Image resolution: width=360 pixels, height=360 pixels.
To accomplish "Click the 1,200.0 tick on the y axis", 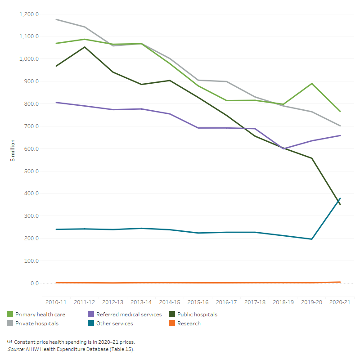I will pyautogui.click(x=29, y=14).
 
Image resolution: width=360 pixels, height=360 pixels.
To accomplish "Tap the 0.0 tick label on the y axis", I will pyautogui.click(x=35, y=283).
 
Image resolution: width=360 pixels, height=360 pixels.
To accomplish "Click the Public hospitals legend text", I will pyautogui.click(x=197, y=315).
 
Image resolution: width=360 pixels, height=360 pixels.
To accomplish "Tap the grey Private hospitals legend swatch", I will pyautogui.click(x=9, y=323).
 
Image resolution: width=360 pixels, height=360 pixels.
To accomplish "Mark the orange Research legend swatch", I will pyautogui.click(x=171, y=323).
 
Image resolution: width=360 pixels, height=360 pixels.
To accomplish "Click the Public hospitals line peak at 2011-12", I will pyautogui.click(x=84, y=47).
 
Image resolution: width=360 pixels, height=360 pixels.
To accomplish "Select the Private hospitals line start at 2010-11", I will pyautogui.click(x=56, y=19).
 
